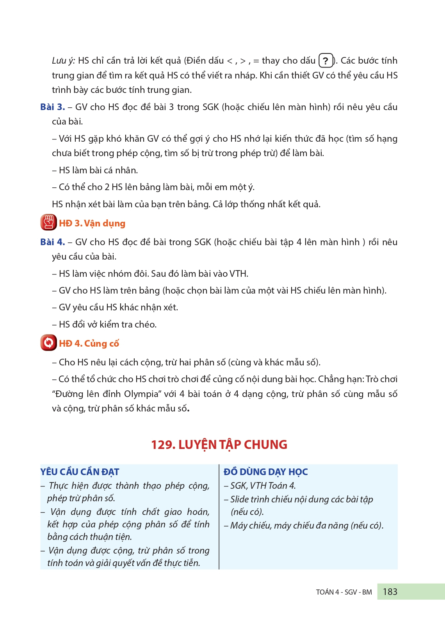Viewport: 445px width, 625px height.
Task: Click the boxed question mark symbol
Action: coord(326,61)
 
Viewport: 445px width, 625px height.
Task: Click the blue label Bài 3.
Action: coord(52,107)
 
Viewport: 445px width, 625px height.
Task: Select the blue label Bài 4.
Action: coord(52,242)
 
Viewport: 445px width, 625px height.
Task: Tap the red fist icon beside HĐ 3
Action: coord(48,223)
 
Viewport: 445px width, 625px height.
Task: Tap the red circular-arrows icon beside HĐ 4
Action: coord(48,343)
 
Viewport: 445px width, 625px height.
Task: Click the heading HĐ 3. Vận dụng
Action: coord(92,223)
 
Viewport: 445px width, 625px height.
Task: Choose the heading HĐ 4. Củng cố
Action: coord(89,344)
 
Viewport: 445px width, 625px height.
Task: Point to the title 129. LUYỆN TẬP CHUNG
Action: coord(219,444)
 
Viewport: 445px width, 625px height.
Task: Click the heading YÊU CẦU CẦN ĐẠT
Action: coord(80,472)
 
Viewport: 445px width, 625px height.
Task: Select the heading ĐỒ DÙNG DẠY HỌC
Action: coord(265,472)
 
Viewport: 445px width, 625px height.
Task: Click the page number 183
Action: coord(390,592)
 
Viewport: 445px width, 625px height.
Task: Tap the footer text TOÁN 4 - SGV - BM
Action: coord(344,592)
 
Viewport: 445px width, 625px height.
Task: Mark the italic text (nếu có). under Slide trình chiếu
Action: coord(247,512)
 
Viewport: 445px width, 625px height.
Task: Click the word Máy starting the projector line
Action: coord(239,525)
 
